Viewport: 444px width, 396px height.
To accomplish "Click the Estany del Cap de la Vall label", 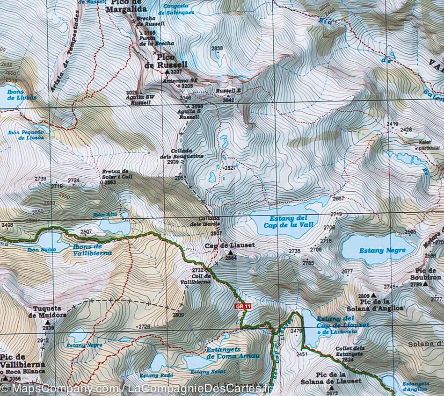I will pyautogui.click(x=291, y=222).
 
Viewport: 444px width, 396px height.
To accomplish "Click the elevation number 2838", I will pyautogui.click(x=217, y=48).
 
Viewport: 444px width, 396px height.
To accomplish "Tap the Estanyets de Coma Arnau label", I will pyautogui.click(x=232, y=353).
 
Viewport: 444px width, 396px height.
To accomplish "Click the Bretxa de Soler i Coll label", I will pyautogui.click(x=115, y=174).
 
